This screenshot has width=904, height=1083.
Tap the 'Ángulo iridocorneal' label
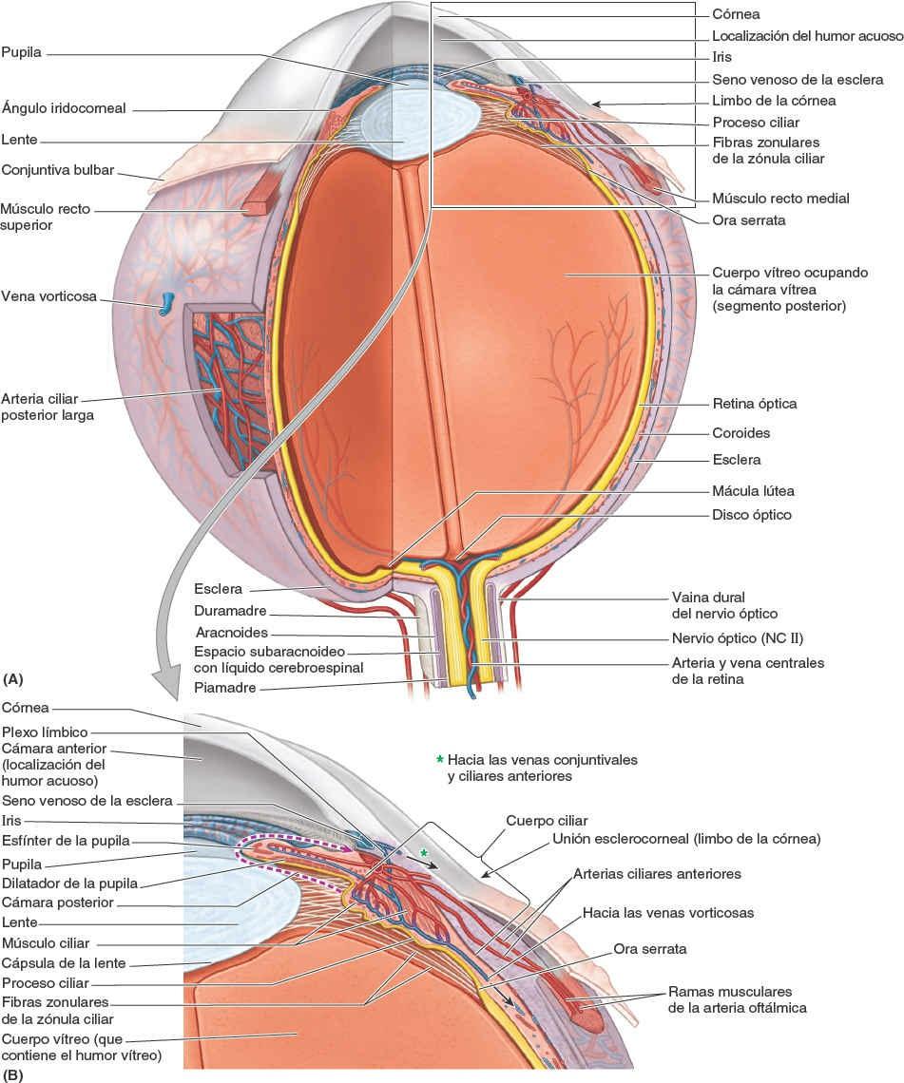(64, 109)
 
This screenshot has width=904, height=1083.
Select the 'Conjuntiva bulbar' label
(58, 171)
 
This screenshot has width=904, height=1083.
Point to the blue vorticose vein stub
(167, 303)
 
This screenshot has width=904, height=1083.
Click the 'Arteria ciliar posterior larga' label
(48, 407)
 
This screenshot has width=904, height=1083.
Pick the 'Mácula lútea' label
(752, 491)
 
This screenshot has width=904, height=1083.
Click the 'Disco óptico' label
(751, 515)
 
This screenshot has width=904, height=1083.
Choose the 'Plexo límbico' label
(44, 732)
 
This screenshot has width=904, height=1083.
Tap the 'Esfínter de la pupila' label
(66, 841)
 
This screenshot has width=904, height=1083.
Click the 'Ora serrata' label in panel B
(650, 948)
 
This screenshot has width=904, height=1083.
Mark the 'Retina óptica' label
(754, 404)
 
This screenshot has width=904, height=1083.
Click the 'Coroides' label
(741, 432)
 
